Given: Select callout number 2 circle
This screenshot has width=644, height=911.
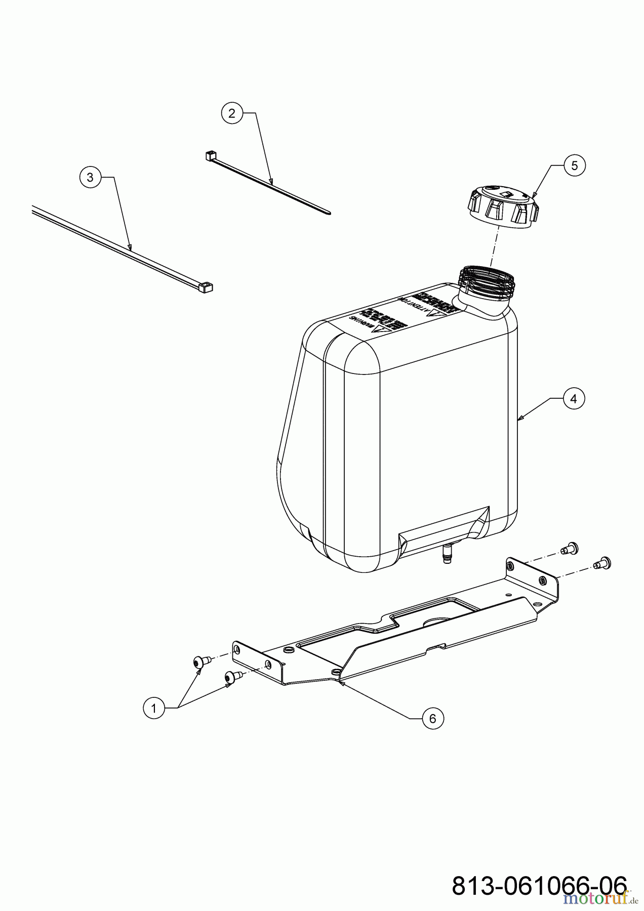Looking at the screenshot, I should click(232, 113).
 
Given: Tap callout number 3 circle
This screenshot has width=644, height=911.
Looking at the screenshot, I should click(90, 177).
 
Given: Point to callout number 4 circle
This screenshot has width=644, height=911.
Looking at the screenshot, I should click(573, 399).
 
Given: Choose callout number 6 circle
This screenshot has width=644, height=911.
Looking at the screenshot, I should click(432, 718).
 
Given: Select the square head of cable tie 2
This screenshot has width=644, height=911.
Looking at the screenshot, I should click(211, 155).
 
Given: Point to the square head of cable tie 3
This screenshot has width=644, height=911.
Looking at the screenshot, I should click(206, 288).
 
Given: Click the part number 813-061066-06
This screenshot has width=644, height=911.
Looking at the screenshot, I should click(539, 886).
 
